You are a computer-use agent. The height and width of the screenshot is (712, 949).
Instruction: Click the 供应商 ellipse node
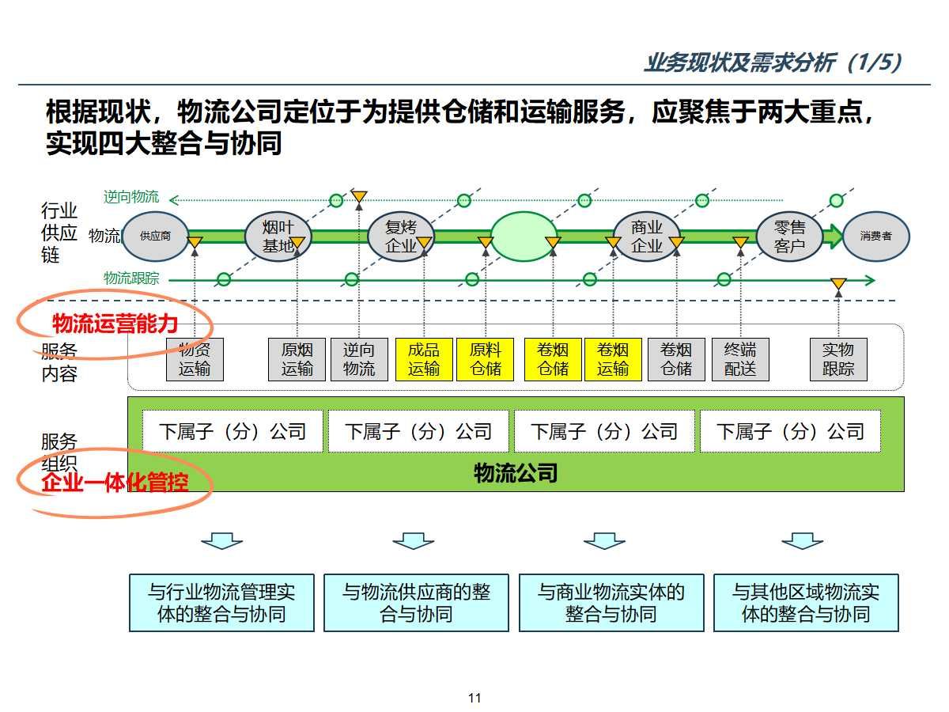[155, 236]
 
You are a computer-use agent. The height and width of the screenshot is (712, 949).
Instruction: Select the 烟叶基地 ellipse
[278, 236]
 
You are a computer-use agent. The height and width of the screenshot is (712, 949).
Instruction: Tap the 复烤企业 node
[400, 236]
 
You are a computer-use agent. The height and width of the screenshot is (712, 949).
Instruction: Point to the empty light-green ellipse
[524, 236]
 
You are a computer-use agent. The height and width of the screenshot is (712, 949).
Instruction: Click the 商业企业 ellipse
[647, 236]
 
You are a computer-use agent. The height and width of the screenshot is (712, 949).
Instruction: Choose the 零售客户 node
[789, 236]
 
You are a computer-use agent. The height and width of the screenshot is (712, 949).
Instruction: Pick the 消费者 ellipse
[875, 236]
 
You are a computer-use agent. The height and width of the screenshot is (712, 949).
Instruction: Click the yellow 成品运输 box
[424, 359]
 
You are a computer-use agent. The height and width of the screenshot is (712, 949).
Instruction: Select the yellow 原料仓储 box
[486, 359]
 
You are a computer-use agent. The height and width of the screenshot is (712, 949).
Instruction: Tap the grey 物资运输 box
[195, 359]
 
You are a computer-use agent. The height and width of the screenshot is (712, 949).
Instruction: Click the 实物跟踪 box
[838, 359]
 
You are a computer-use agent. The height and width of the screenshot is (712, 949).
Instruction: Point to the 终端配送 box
[740, 359]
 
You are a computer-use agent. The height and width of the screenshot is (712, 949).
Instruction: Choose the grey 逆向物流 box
[359, 359]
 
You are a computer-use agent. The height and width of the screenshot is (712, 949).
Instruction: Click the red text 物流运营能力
[115, 324]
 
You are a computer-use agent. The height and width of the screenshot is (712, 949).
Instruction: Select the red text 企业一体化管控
[115, 482]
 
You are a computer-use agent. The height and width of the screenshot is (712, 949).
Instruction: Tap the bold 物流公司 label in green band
[516, 473]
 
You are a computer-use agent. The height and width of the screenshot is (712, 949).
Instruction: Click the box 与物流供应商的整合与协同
[416, 603]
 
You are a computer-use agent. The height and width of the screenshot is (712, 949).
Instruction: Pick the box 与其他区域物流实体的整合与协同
[806, 603]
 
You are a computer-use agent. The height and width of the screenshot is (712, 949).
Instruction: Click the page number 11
[475, 698]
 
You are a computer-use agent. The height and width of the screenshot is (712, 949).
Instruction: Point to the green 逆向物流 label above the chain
[131, 197]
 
